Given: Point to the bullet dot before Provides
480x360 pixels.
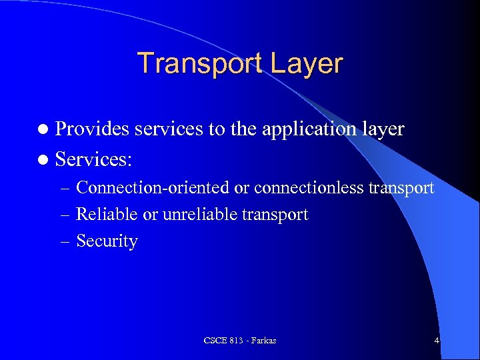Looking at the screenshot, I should coord(44,129).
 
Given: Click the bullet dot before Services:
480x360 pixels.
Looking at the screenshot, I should coord(44,160).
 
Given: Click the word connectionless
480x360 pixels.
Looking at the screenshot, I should coord(308,189).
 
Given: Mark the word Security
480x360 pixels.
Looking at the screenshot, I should coord(107,241).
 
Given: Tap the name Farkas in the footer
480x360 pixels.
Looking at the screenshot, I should coord(263,341).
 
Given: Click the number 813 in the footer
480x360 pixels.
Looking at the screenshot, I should coord(235,341).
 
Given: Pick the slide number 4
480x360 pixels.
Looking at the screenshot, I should coord(437,341).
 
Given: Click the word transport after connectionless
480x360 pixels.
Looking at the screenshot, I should coord(401,189).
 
